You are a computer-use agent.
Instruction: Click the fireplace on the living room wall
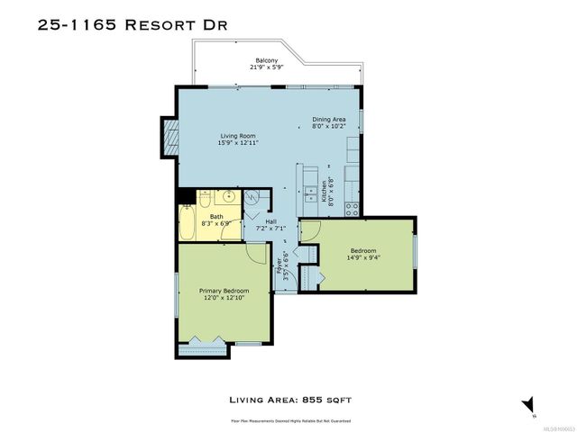tap(169, 133)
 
